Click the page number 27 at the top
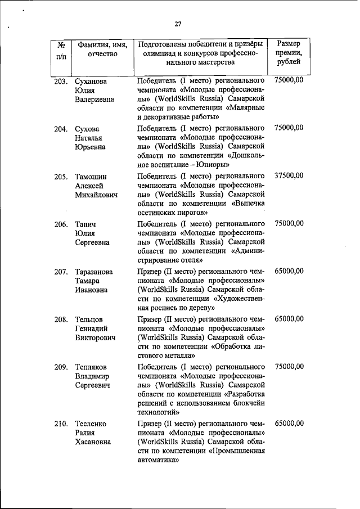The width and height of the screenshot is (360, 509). click(x=178, y=24)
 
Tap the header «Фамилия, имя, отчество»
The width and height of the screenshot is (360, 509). click(x=102, y=49)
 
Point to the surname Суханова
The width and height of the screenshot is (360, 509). click(x=92, y=82)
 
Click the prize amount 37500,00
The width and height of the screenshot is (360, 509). click(x=289, y=175)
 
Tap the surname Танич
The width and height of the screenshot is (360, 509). click(x=86, y=224)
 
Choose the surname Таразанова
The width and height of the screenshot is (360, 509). click(x=94, y=272)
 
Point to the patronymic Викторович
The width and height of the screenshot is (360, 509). click(x=95, y=339)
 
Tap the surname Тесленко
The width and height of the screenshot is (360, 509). click(x=91, y=424)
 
